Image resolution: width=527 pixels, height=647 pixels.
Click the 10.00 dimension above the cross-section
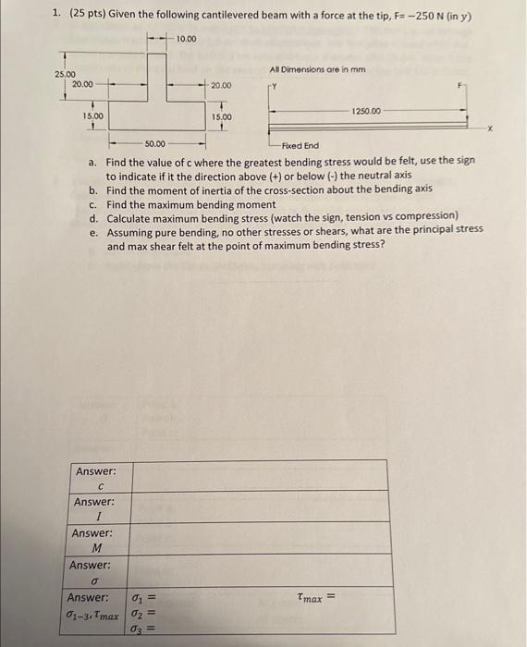click(186, 39)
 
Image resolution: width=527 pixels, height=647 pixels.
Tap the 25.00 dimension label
click(65, 74)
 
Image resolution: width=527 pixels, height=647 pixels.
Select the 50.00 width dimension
click(154, 144)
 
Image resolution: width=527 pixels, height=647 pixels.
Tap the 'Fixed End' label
click(300, 145)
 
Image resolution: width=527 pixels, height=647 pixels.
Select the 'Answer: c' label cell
click(95, 479)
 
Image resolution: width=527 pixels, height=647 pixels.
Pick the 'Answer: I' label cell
click(95, 510)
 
